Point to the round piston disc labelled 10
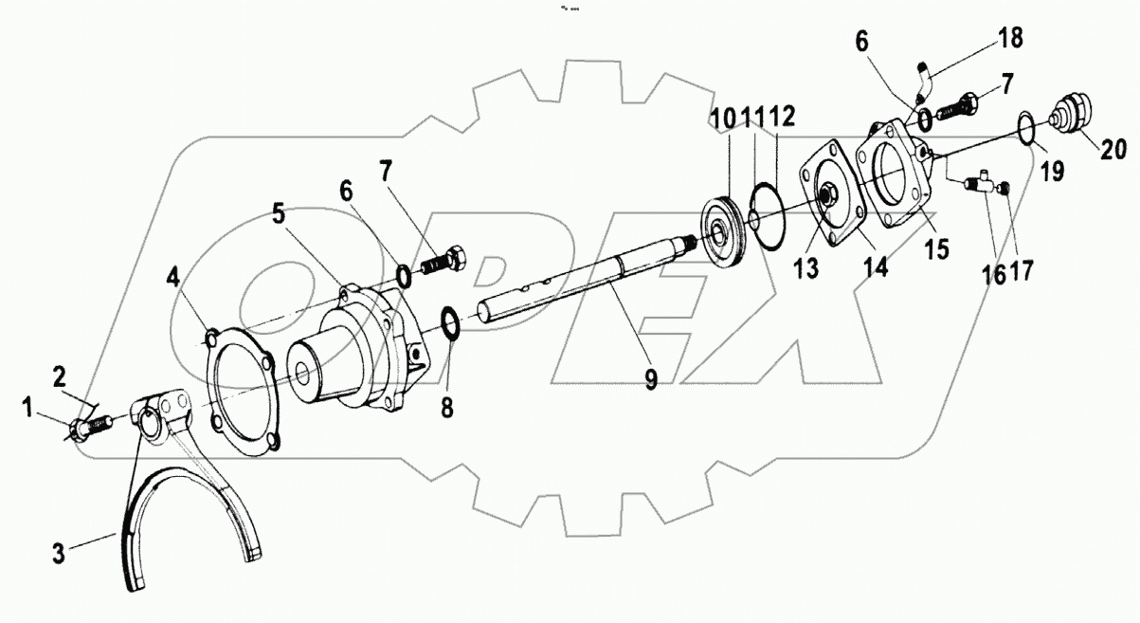[x=726, y=225]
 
